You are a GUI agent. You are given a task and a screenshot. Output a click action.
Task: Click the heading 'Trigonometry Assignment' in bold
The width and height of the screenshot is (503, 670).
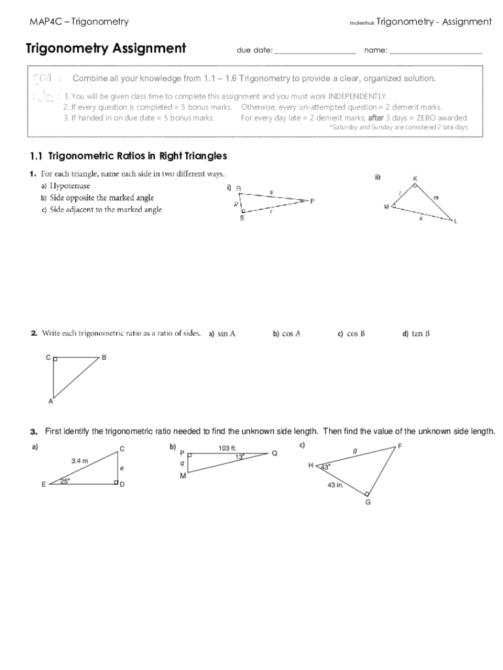105,48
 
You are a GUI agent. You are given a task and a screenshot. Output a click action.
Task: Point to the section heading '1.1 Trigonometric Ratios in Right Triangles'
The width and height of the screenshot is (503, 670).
128,156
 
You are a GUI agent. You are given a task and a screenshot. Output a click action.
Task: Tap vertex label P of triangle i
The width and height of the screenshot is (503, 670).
312,201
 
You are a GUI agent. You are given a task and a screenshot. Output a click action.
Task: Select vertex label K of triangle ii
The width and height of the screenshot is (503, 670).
415,179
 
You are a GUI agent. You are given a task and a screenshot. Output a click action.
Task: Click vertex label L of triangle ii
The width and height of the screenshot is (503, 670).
456,222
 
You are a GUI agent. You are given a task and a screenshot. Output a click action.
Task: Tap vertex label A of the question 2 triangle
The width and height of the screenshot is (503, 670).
50,402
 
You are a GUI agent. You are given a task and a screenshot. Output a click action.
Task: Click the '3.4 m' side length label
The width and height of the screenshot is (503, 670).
80,461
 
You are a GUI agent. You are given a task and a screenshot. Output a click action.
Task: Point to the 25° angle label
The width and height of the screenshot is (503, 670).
65,481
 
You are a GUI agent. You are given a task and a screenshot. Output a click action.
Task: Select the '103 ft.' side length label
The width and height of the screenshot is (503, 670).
227,448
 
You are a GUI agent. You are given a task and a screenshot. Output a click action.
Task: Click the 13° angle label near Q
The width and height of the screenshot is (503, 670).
240,457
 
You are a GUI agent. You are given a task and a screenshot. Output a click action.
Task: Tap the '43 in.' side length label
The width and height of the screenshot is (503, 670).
336,485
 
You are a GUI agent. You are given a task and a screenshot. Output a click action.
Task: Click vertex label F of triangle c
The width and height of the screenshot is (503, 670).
400,446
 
